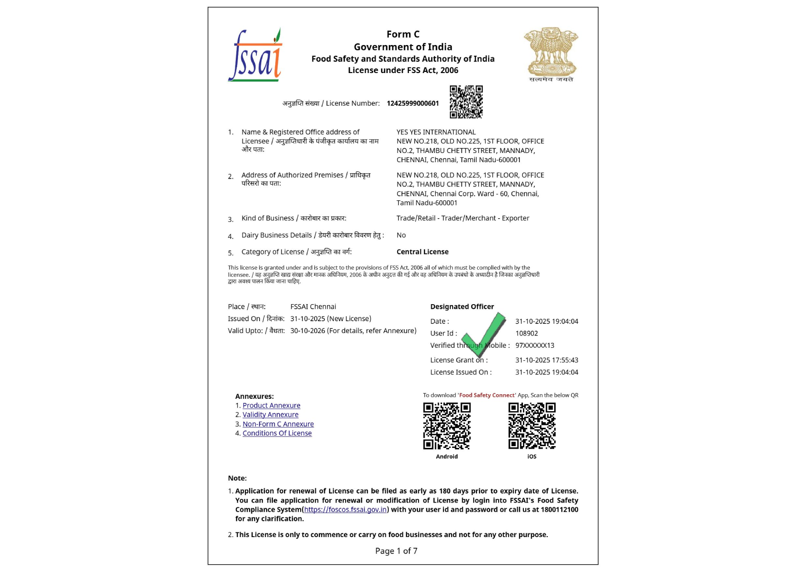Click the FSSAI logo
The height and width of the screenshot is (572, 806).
255,56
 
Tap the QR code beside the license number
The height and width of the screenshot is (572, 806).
466,102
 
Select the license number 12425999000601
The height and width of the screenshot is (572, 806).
413,103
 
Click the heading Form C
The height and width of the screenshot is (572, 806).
403,34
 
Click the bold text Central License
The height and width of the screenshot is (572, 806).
422,252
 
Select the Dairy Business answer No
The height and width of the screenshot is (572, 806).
401,235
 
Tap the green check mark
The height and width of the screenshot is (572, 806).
484,334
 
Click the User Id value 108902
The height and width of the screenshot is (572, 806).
526,334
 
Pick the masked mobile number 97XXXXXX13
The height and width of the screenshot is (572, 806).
534,345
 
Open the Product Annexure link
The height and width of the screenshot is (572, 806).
271,406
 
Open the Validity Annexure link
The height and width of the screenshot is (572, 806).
270,415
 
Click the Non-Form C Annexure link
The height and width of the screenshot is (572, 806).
278,424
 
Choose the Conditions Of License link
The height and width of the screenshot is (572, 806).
277,433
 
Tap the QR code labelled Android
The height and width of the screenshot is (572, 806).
447,426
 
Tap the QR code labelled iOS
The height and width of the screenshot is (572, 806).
532,426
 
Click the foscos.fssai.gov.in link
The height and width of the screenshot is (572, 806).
345,510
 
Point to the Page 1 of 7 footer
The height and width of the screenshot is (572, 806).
396,551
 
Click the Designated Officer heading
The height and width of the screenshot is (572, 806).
462,307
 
